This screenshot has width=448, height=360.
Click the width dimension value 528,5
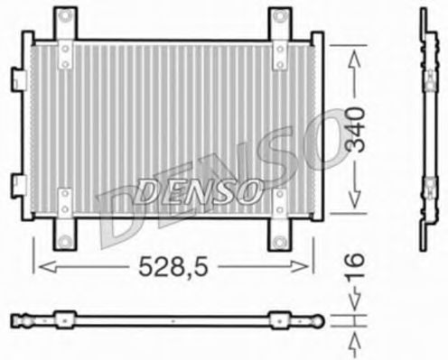tap(173, 268)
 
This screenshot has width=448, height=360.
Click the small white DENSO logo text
tap(200, 190)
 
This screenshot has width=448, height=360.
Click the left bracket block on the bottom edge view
tap(64, 318)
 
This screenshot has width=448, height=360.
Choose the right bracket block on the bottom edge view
tap(279, 318)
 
